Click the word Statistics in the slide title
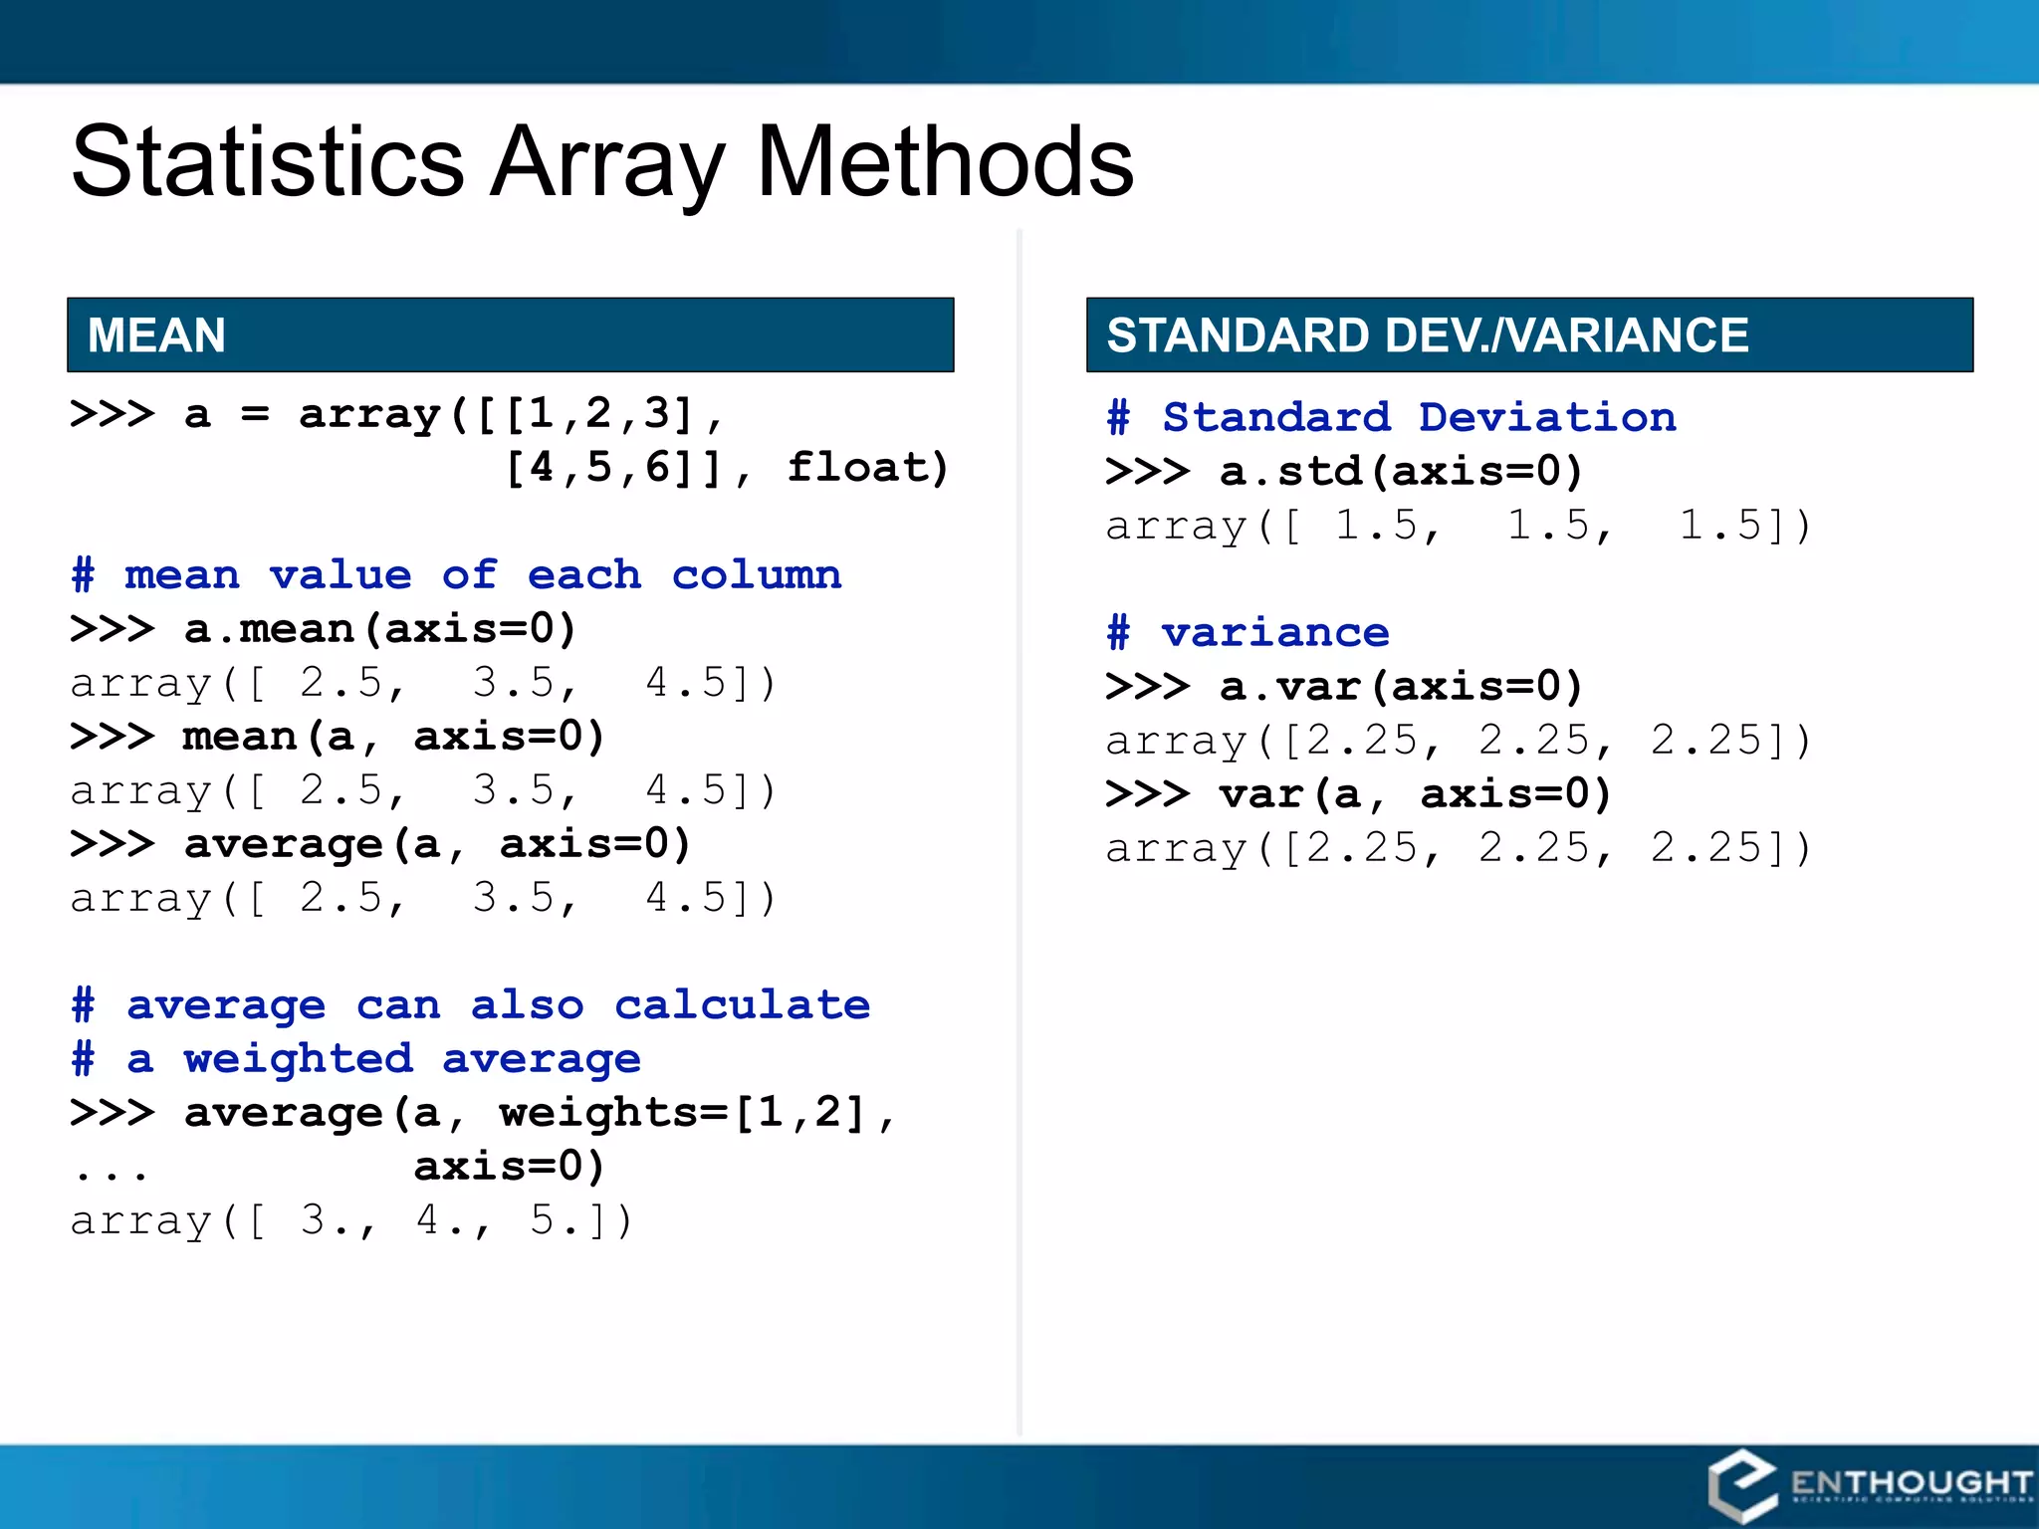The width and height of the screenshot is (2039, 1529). (x=267, y=161)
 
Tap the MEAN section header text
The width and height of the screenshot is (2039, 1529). (x=156, y=334)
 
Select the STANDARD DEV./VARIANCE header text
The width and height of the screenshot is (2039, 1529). (x=1427, y=334)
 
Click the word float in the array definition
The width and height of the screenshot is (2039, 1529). (x=866, y=468)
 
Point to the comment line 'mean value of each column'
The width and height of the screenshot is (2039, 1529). (x=456, y=575)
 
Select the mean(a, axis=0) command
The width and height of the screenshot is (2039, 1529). (x=392, y=737)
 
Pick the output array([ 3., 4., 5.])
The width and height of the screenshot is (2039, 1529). (x=350, y=1220)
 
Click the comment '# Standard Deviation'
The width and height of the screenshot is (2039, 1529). (x=1391, y=417)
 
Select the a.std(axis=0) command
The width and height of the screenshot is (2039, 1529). (x=1400, y=471)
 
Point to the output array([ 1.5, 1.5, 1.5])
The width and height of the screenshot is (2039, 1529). (x=1458, y=526)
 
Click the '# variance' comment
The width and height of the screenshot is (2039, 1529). (x=1247, y=632)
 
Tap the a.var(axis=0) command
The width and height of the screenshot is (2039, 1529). (x=1400, y=686)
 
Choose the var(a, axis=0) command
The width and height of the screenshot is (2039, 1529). (x=1414, y=793)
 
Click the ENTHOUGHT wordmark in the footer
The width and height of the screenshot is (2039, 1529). (x=1910, y=1483)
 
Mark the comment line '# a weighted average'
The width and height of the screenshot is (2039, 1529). (x=356, y=1059)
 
